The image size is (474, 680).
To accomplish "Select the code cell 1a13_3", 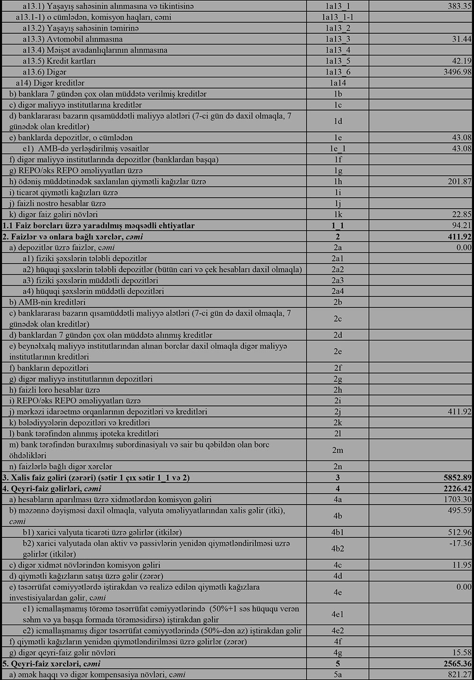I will (337, 39).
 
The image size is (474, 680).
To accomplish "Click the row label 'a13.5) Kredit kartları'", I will (59, 61).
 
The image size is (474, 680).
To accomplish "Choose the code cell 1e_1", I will (337, 149).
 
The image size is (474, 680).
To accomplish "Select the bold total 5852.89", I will (456, 478).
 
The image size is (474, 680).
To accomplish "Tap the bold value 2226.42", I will (456, 488).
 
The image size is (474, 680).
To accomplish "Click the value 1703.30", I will (456, 499).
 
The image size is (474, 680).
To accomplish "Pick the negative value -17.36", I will (459, 543).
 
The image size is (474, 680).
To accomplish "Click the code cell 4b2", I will (337, 549).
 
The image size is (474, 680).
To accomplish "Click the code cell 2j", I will (337, 412).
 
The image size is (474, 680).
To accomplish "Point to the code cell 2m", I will (337, 450).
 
